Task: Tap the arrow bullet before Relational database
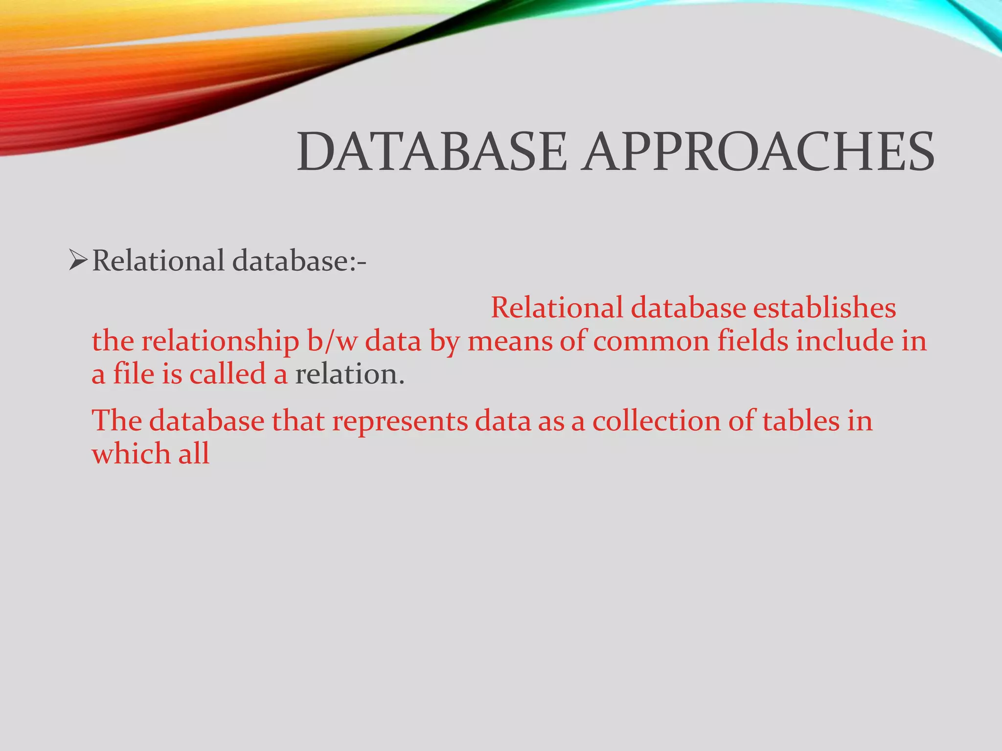[x=78, y=260]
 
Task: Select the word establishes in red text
[x=824, y=308]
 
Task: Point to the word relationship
[x=220, y=342]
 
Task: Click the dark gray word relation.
[x=349, y=375]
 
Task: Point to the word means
[x=509, y=341]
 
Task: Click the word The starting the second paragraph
[x=117, y=421]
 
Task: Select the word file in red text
[x=134, y=375]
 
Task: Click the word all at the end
[x=194, y=454]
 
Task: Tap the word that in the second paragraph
[x=298, y=421]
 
